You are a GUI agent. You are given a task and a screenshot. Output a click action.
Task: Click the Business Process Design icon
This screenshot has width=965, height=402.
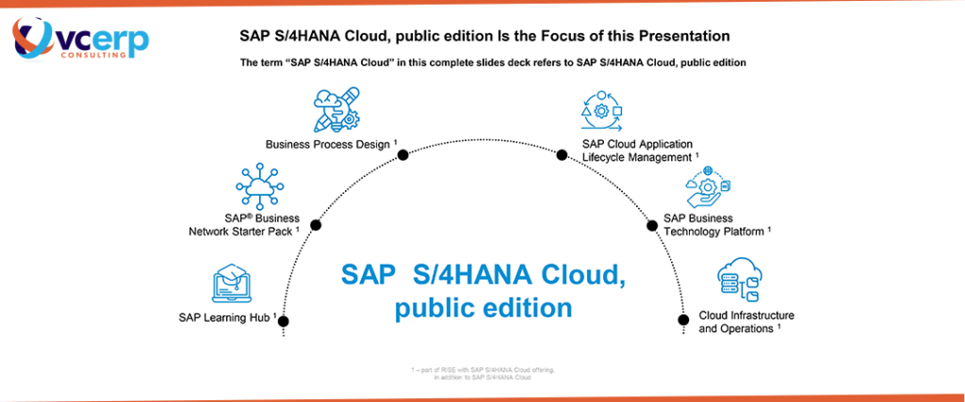(x=336, y=110)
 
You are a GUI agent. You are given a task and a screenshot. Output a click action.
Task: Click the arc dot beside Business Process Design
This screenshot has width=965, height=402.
(x=402, y=155)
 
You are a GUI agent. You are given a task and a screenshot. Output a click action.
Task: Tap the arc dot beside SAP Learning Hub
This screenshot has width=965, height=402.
(x=283, y=322)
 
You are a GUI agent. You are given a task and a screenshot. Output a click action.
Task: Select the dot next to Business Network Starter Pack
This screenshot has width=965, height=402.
(x=316, y=225)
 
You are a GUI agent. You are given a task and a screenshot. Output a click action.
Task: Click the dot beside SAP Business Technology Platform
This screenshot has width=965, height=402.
(x=650, y=224)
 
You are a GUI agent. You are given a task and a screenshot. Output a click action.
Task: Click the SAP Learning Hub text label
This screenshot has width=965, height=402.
(x=226, y=317)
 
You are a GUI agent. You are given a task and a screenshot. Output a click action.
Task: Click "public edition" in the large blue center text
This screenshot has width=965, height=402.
(x=482, y=307)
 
